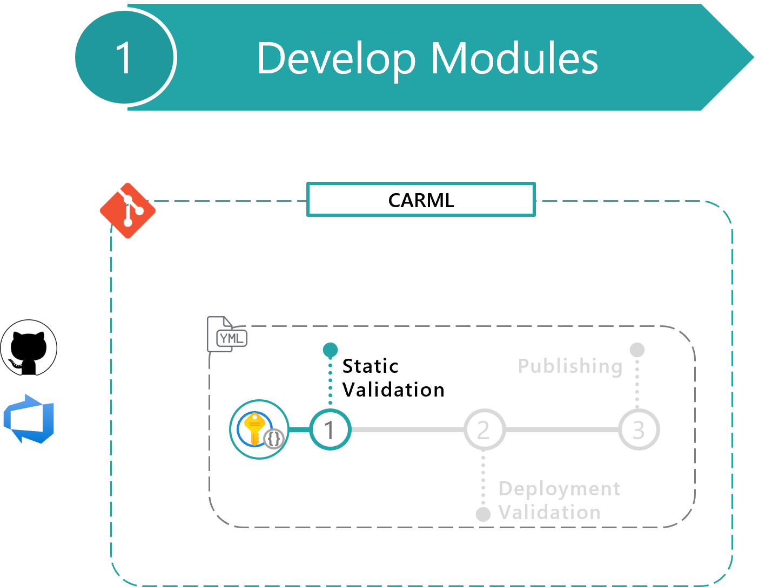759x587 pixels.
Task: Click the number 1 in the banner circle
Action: coord(124,58)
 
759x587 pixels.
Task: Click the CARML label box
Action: coord(421,200)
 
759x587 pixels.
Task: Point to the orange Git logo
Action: coord(128,211)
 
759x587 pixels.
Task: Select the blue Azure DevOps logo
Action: coord(30,419)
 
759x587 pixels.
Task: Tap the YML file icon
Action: coord(226,335)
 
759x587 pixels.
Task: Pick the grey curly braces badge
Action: coord(274,439)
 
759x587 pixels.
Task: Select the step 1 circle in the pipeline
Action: coord(330,430)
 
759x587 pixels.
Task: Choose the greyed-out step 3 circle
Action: coord(639,430)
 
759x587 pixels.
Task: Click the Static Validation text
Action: coord(393,378)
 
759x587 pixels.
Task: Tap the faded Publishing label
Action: coord(570,366)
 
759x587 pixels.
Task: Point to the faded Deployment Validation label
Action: coord(559,500)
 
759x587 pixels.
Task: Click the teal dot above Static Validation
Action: coord(330,350)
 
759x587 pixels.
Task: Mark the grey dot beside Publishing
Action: coord(637,350)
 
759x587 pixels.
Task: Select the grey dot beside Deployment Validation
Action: coord(483,514)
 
